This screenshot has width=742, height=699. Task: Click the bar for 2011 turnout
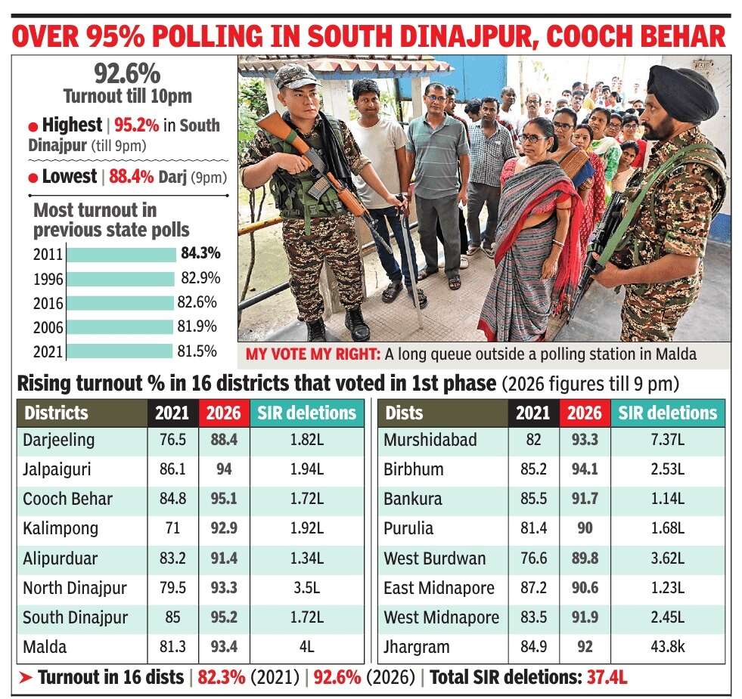(x=121, y=255)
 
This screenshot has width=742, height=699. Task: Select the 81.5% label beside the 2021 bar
(x=199, y=351)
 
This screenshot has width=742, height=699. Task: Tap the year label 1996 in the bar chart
(x=48, y=279)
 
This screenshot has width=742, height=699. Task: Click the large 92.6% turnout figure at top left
(x=127, y=74)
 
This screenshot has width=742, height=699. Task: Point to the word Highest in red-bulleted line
(x=72, y=125)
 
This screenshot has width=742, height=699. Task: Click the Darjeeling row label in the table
(x=59, y=440)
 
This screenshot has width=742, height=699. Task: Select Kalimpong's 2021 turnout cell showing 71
(x=172, y=527)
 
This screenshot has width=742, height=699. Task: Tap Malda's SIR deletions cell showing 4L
(x=306, y=647)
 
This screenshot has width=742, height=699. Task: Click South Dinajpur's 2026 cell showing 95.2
(x=224, y=617)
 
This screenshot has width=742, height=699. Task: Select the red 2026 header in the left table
(x=224, y=413)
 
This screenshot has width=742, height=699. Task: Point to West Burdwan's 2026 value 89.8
(x=585, y=558)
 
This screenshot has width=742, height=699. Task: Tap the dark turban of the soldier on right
(x=682, y=92)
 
